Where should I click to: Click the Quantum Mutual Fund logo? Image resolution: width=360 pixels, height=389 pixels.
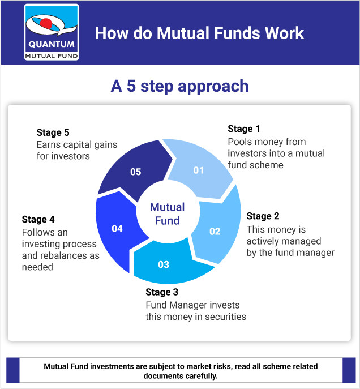pyautogui.click(x=52, y=32)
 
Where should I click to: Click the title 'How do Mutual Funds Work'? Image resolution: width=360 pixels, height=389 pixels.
pyautogui.click(x=199, y=33)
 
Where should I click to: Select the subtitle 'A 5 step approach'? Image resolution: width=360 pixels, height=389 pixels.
pyautogui.click(x=179, y=86)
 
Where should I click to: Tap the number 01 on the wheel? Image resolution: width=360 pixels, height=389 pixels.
pyautogui.click(x=198, y=170)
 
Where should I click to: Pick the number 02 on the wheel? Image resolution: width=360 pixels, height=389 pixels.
pyautogui.click(x=215, y=231)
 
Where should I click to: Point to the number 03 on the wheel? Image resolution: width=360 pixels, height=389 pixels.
pyautogui.click(x=164, y=264)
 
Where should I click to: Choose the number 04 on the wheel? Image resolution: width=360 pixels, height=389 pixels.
pyautogui.click(x=117, y=229)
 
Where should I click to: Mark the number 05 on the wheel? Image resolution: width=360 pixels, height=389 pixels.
pyautogui.click(x=135, y=172)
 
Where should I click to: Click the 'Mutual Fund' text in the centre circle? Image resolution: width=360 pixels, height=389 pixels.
pyautogui.click(x=167, y=214)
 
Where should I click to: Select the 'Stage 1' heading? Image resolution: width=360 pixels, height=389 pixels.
pyautogui.click(x=244, y=129)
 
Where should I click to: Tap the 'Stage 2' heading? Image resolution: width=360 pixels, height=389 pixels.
pyautogui.click(x=263, y=216)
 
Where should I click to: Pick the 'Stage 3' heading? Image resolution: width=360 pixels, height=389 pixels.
pyautogui.click(x=162, y=292)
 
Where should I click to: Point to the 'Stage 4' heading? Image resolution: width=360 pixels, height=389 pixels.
pyautogui.click(x=38, y=219)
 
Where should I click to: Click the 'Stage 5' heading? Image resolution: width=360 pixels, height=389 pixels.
pyautogui.click(x=53, y=133)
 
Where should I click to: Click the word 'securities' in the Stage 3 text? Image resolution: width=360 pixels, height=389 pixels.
pyautogui.click(x=226, y=317)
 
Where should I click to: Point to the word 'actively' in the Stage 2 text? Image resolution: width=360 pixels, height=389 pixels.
pyautogui.click(x=264, y=241)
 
